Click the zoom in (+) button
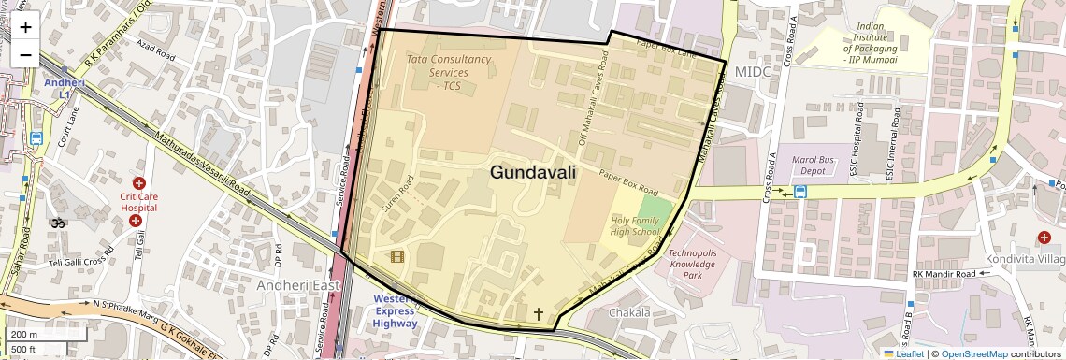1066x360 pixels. pyautogui.click(x=25, y=27)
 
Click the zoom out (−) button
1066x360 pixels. pyautogui.click(x=25, y=54)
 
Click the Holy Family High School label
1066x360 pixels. pyautogui.click(x=634, y=225)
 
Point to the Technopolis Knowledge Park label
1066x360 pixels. pyautogui.click(x=692, y=264)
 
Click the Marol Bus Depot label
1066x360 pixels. pyautogui.click(x=802, y=165)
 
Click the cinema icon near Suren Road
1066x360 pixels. pyautogui.click(x=396, y=256)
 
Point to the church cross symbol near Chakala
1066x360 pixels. pyautogui.click(x=538, y=313)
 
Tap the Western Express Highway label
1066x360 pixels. pyautogui.click(x=395, y=310)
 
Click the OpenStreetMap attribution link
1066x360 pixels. pyautogui.click(x=973, y=353)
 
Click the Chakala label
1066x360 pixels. pyautogui.click(x=629, y=311)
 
